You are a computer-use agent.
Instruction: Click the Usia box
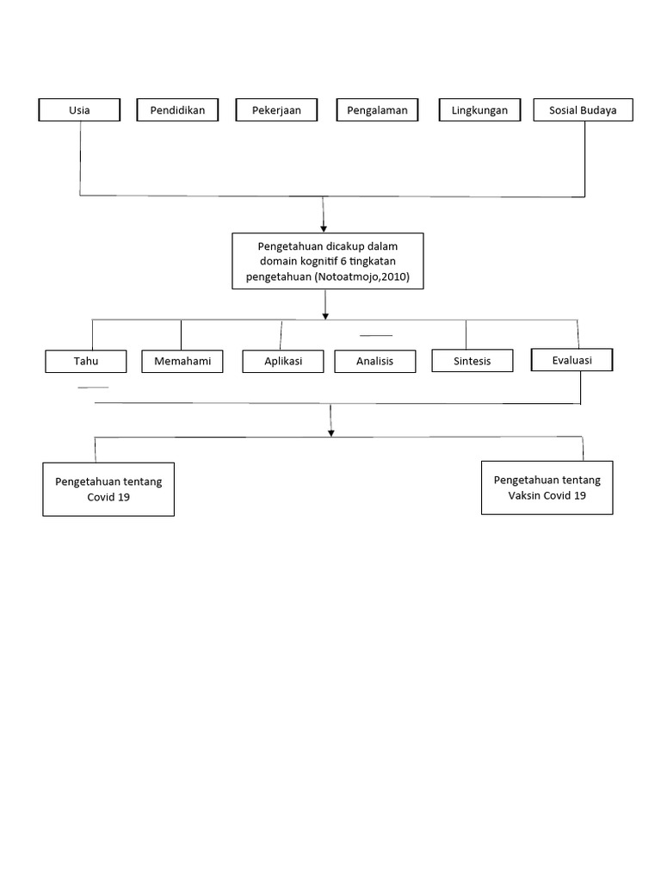[x=79, y=110]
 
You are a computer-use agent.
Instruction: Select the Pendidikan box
[x=177, y=110]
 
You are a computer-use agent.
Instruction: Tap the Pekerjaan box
[x=276, y=110]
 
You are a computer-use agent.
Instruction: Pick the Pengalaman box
[x=377, y=110]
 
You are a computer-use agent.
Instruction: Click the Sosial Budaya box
[x=583, y=110]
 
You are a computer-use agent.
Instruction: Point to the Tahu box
[x=85, y=362]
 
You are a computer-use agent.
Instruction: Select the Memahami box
[x=182, y=362]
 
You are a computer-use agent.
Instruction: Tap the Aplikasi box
[x=283, y=362]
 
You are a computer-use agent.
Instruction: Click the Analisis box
[x=374, y=362]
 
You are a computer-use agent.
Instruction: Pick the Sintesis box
[x=472, y=361]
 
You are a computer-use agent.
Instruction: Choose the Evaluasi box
[x=572, y=360]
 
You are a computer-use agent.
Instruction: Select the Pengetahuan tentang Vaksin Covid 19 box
[x=547, y=488]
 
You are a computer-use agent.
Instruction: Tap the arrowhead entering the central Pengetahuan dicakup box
[x=324, y=227]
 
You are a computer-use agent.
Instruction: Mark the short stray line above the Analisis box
[x=375, y=335]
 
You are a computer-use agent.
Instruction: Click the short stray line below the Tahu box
[x=93, y=388]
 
